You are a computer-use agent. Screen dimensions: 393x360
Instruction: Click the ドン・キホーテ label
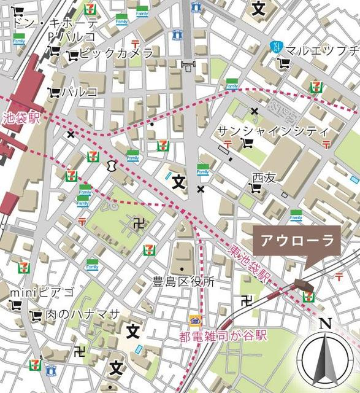(x=55, y=22)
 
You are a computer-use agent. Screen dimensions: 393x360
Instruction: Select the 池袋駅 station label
(x=21, y=117)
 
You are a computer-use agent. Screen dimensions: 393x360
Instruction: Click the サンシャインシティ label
(x=273, y=131)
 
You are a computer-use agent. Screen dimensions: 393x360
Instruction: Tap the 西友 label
(x=265, y=177)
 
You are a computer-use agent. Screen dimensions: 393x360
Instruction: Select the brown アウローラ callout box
(x=297, y=240)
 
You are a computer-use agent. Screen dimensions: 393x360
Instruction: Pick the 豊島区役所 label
(x=183, y=282)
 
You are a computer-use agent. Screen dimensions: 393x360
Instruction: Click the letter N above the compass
(x=325, y=324)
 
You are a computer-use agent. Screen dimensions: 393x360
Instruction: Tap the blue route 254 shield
(x=277, y=47)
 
